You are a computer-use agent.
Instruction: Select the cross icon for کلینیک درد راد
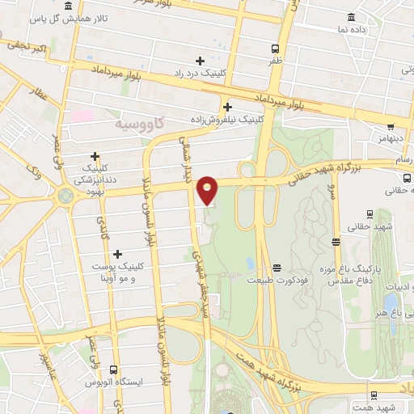pyautogui.click(x=200, y=61)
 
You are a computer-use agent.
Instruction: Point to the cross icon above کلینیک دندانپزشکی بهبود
pyautogui.click(x=95, y=156)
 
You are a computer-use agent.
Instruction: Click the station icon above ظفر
pyautogui.click(x=276, y=48)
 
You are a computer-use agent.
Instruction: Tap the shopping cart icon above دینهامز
pyautogui.click(x=391, y=126)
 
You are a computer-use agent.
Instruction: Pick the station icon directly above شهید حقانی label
pyautogui.click(x=370, y=214)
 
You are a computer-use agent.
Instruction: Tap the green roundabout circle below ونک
pyautogui.click(x=65, y=195)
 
